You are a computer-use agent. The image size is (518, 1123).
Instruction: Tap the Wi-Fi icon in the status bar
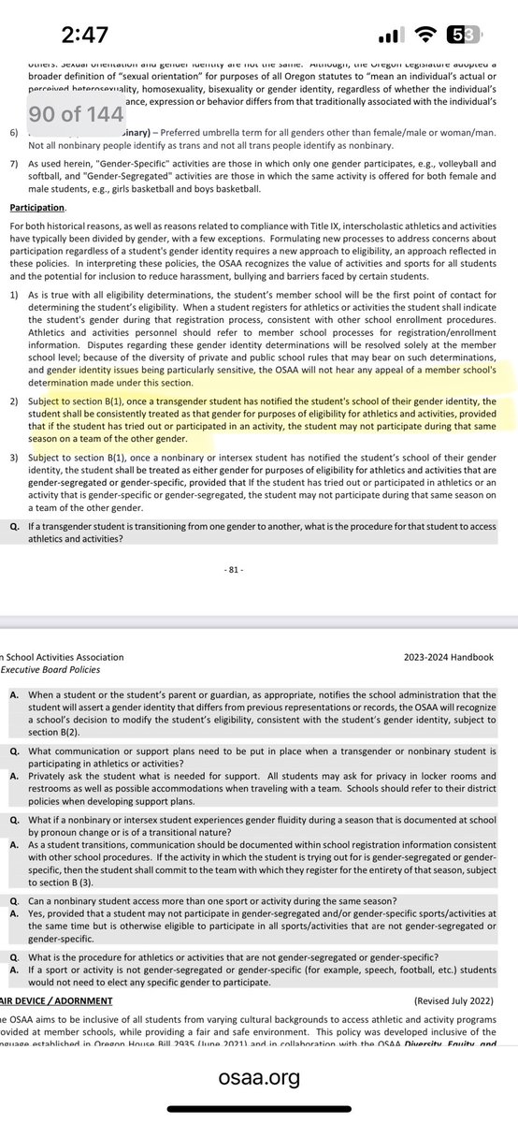(x=430, y=36)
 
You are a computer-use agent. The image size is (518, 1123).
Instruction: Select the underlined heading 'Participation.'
(x=37, y=206)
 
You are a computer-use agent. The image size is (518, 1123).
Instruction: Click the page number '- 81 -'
(x=259, y=569)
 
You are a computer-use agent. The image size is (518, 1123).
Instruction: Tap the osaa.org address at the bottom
(x=259, y=1078)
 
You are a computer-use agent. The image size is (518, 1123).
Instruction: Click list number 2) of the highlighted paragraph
(x=14, y=402)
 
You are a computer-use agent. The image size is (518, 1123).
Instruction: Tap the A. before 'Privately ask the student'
(x=14, y=776)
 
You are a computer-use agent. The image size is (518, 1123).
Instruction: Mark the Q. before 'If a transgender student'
(x=14, y=524)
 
